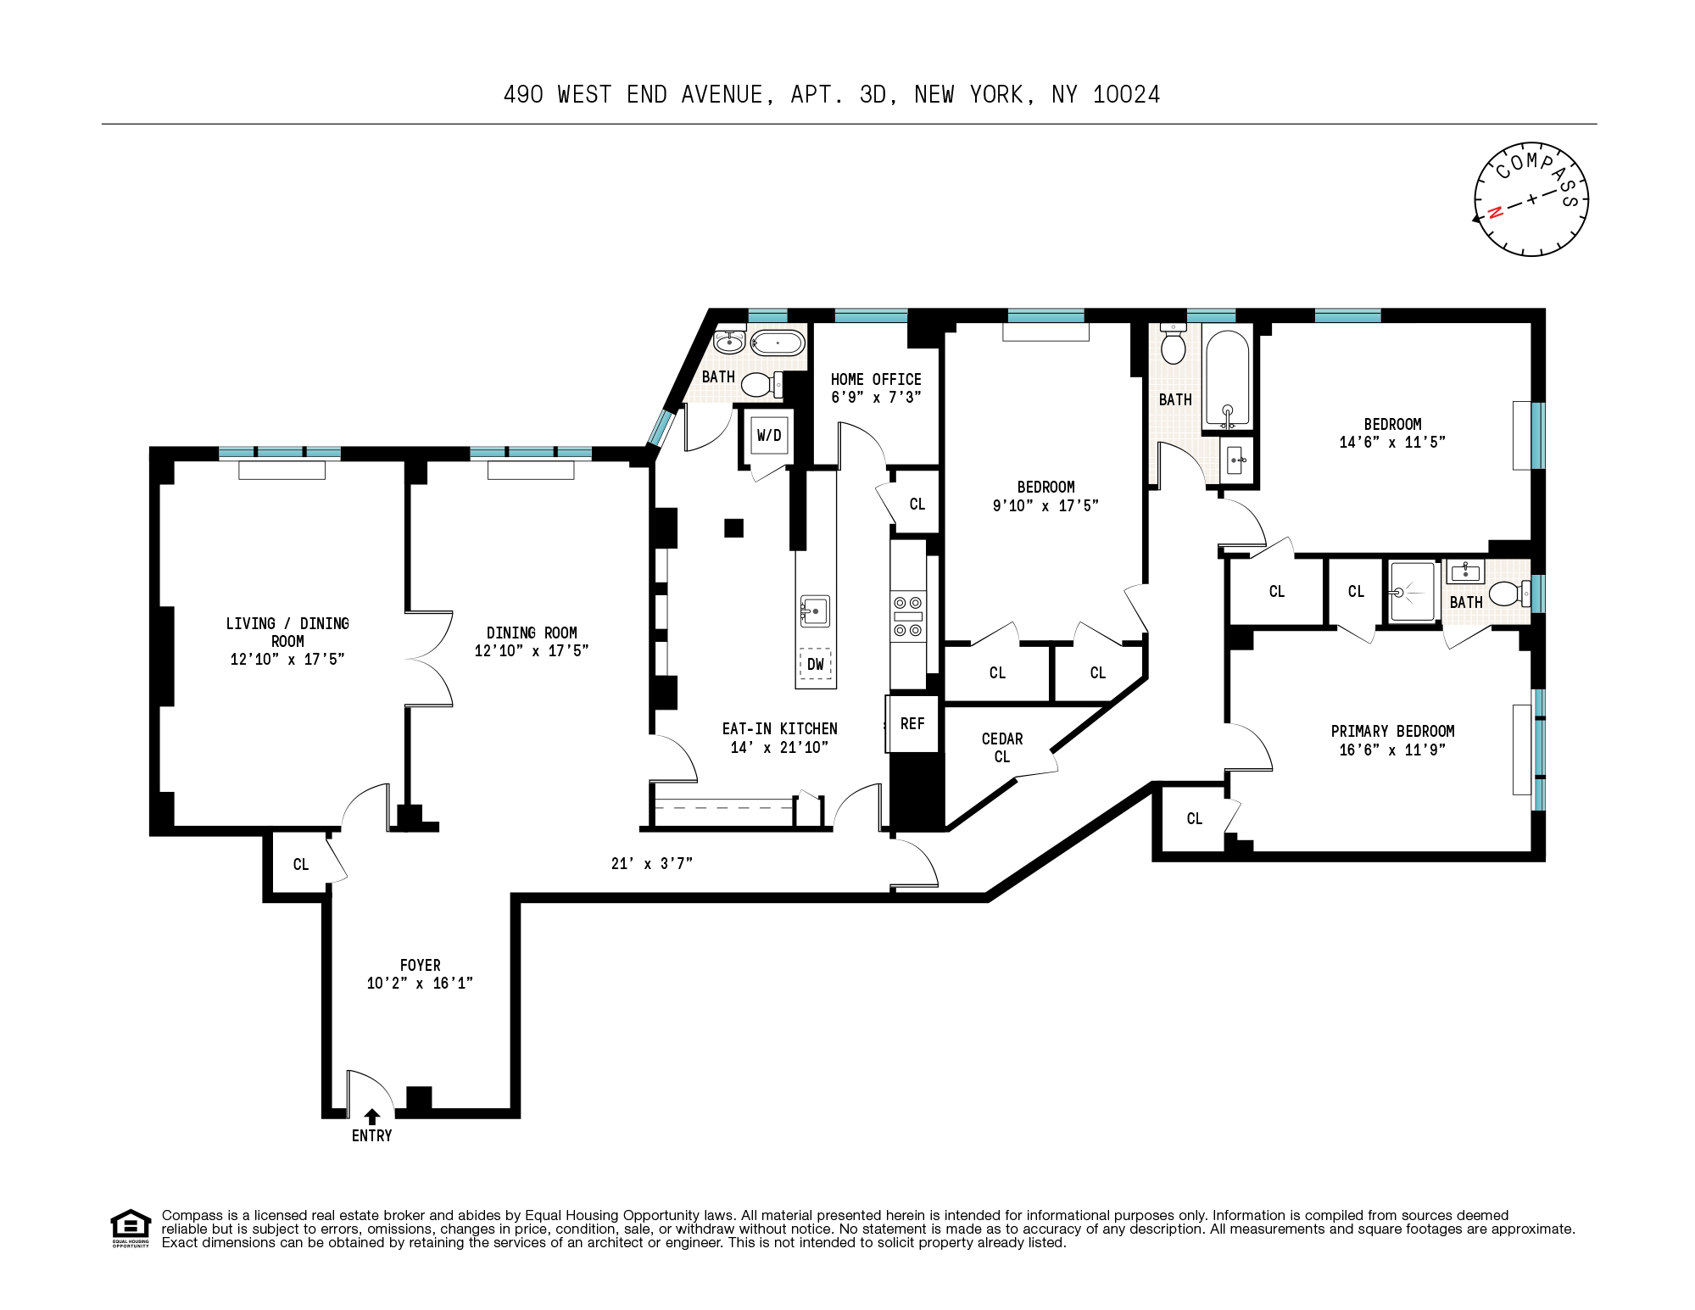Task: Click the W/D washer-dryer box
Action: point(769,436)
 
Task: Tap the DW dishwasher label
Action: point(815,665)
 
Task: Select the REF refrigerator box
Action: point(912,724)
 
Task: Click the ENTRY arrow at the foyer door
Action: point(372,1117)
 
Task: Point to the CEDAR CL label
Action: point(1001,748)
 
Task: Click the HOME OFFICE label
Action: point(876,380)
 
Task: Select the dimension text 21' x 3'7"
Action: point(651,864)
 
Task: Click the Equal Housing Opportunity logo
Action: point(131,1228)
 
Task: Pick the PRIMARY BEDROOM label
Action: point(1392,732)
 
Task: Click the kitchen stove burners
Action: point(907,616)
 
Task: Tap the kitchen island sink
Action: point(814,610)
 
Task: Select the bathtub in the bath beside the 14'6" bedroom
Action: point(1227,378)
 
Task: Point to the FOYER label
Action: point(420,966)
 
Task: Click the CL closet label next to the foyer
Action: point(301,865)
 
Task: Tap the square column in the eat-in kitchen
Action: point(733,528)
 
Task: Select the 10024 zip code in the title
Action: point(1126,95)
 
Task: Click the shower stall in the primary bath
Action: point(1413,592)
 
